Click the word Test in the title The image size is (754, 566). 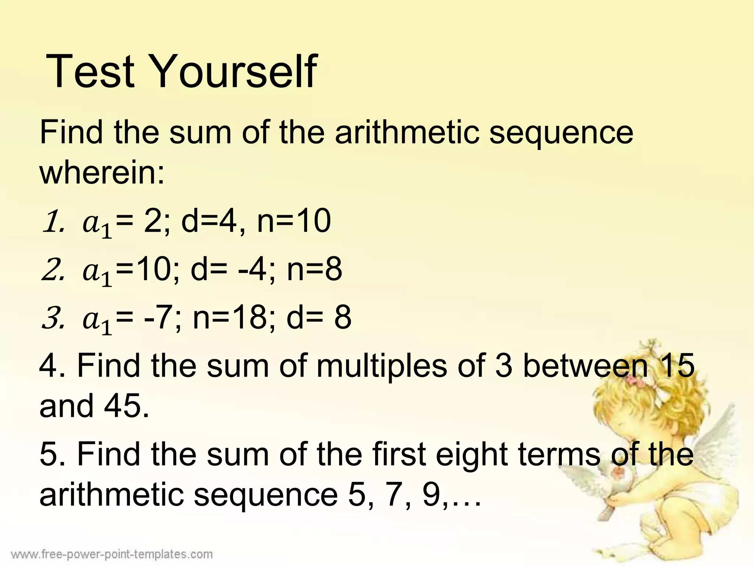point(90,71)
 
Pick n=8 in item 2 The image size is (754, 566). point(314,270)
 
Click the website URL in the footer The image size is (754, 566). point(112,553)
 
